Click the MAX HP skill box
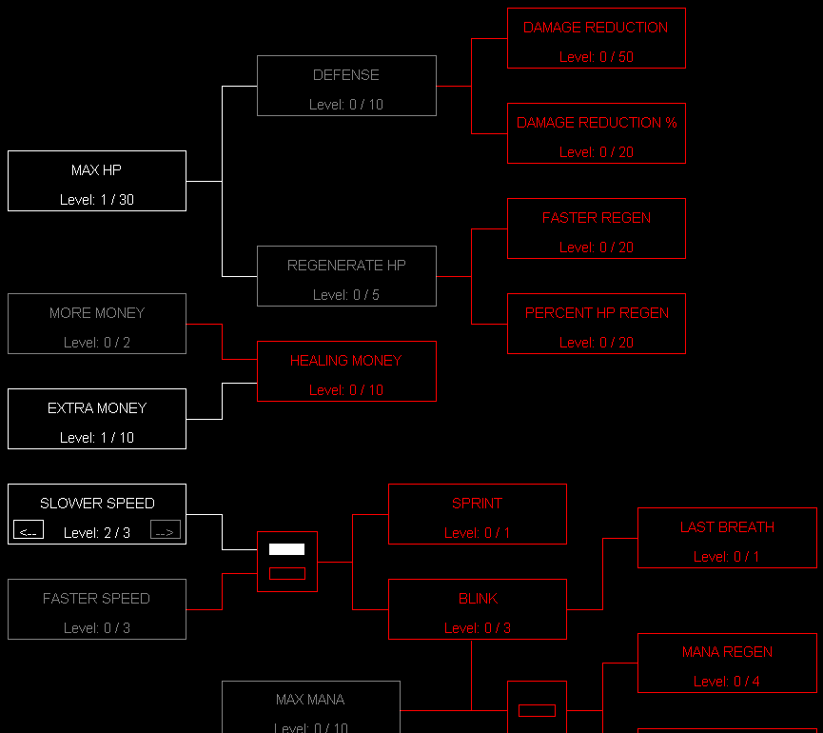97,181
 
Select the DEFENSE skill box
346,86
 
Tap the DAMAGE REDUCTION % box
597,133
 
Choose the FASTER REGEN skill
597,228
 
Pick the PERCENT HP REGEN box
597,324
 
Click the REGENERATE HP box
346,276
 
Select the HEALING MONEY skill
346,371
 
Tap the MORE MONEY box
97,324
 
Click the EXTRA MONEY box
97,419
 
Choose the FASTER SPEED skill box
97,609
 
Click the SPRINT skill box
478,514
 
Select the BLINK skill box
478,609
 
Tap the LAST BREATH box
727,538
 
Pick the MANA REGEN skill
727,663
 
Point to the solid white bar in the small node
286,549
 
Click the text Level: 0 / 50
597,57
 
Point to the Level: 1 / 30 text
97,200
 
